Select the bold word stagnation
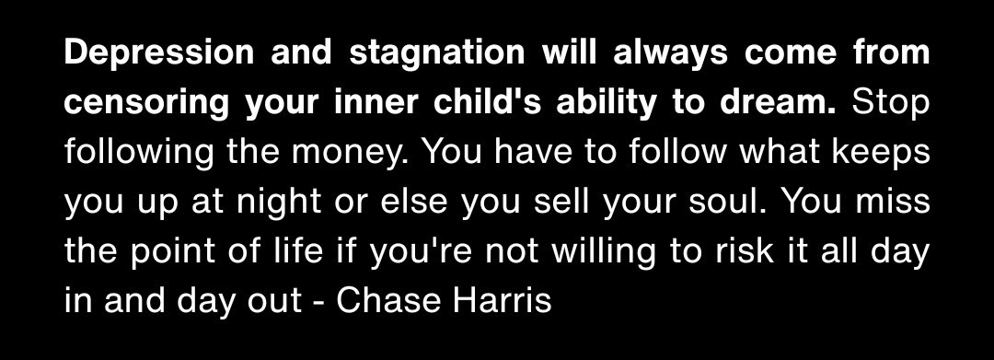click(x=412, y=53)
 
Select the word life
click(x=282, y=252)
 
